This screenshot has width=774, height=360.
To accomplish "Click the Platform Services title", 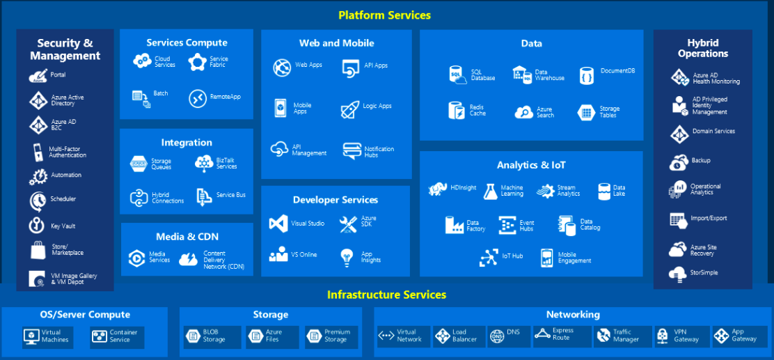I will pyautogui.click(x=384, y=15).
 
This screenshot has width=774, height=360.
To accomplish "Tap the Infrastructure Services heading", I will pyautogui.click(x=386, y=295).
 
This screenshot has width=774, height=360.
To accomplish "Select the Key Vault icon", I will pyautogui.click(x=37, y=226).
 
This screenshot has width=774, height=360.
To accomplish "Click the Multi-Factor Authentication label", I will pyautogui.click(x=68, y=152).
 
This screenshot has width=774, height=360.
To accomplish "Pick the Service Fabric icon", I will pyautogui.click(x=198, y=62).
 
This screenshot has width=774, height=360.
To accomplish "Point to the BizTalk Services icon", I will pyautogui.click(x=204, y=163).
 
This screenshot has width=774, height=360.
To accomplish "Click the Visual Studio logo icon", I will pyautogui.click(x=278, y=224).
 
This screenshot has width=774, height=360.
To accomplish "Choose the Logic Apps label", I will pyautogui.click(x=377, y=107).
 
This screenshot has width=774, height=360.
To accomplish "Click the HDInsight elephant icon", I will pyautogui.click(x=438, y=188).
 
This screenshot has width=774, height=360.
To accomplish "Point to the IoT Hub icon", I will pyautogui.click(x=489, y=257).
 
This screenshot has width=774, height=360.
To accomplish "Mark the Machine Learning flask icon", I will pyautogui.click(x=490, y=191).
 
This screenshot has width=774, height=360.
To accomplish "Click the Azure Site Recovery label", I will pyautogui.click(x=703, y=250).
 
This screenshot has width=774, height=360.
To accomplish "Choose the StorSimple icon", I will pyautogui.click(x=678, y=274).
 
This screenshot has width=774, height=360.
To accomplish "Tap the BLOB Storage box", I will pyautogui.click(x=212, y=336).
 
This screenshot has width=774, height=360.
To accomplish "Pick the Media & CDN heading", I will pyautogui.click(x=186, y=237).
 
